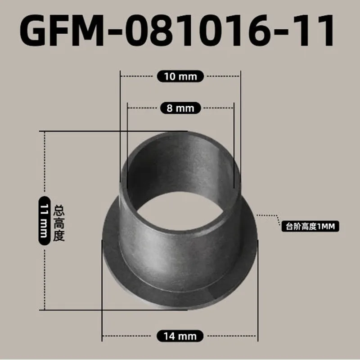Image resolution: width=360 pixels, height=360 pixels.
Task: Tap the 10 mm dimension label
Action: tap(180, 76)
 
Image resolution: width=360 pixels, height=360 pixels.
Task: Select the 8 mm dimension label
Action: tap(180, 108)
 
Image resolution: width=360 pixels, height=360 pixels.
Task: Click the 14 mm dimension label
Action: tap(180, 336)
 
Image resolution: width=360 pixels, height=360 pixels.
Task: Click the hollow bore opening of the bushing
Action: tap(180, 180)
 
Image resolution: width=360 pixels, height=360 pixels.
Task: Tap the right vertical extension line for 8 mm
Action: tap(234, 135)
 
